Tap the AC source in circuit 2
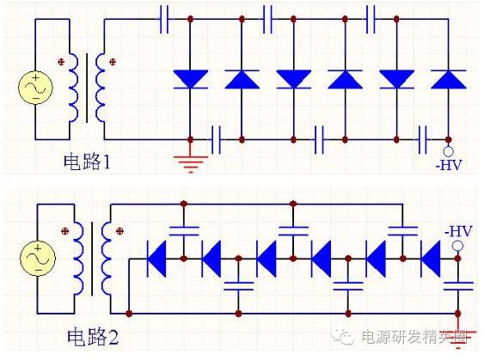37,257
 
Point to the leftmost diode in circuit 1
190,80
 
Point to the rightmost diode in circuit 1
448,80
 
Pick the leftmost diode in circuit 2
157,255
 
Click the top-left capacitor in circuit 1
163,17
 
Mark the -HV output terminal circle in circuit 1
448,147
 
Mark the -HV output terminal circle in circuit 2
458,247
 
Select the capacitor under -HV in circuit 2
458,284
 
